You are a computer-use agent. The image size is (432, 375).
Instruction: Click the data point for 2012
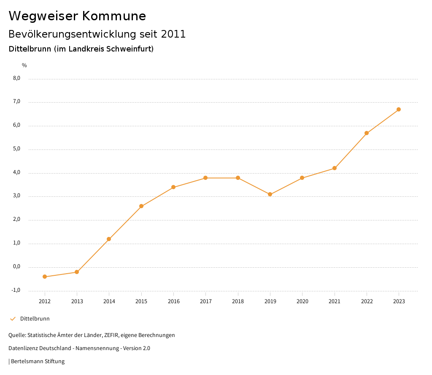pyautogui.click(x=45, y=277)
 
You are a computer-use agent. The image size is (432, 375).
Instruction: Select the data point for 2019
pyautogui.click(x=270, y=194)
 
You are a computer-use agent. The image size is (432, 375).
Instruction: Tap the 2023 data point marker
pyautogui.click(x=399, y=109)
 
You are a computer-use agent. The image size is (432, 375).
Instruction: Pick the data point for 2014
pyautogui.click(x=109, y=239)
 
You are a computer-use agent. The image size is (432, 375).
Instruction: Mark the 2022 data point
pyautogui.click(x=367, y=133)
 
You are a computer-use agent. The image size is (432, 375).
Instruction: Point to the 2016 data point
pyautogui.click(x=173, y=187)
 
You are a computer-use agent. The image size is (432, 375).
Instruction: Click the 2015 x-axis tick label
pyautogui.click(x=141, y=301)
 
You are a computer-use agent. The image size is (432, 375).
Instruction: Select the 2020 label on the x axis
pyautogui.click(x=302, y=301)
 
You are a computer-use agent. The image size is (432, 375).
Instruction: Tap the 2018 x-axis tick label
pyautogui.click(x=238, y=301)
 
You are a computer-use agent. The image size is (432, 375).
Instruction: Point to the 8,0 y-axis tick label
pyautogui.click(x=16, y=78)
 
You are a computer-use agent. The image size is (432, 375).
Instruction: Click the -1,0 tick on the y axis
pyautogui.click(x=16, y=290)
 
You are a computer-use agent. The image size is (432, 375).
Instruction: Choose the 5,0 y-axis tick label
pyautogui.click(x=16, y=149)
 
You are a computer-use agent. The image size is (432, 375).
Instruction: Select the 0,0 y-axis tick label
pyautogui.click(x=16, y=266)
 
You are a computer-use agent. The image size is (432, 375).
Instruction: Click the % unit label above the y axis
pyautogui.click(x=24, y=65)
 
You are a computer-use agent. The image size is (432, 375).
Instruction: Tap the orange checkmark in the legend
pyautogui.click(x=13, y=318)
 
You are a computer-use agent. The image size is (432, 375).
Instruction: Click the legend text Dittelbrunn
pyautogui.click(x=35, y=318)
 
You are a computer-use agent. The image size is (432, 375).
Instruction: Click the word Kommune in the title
pyautogui.click(x=114, y=16)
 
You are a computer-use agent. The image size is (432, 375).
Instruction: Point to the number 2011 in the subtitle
pyautogui.click(x=173, y=34)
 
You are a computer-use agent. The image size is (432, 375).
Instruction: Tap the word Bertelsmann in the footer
pyautogui.click(x=27, y=361)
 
